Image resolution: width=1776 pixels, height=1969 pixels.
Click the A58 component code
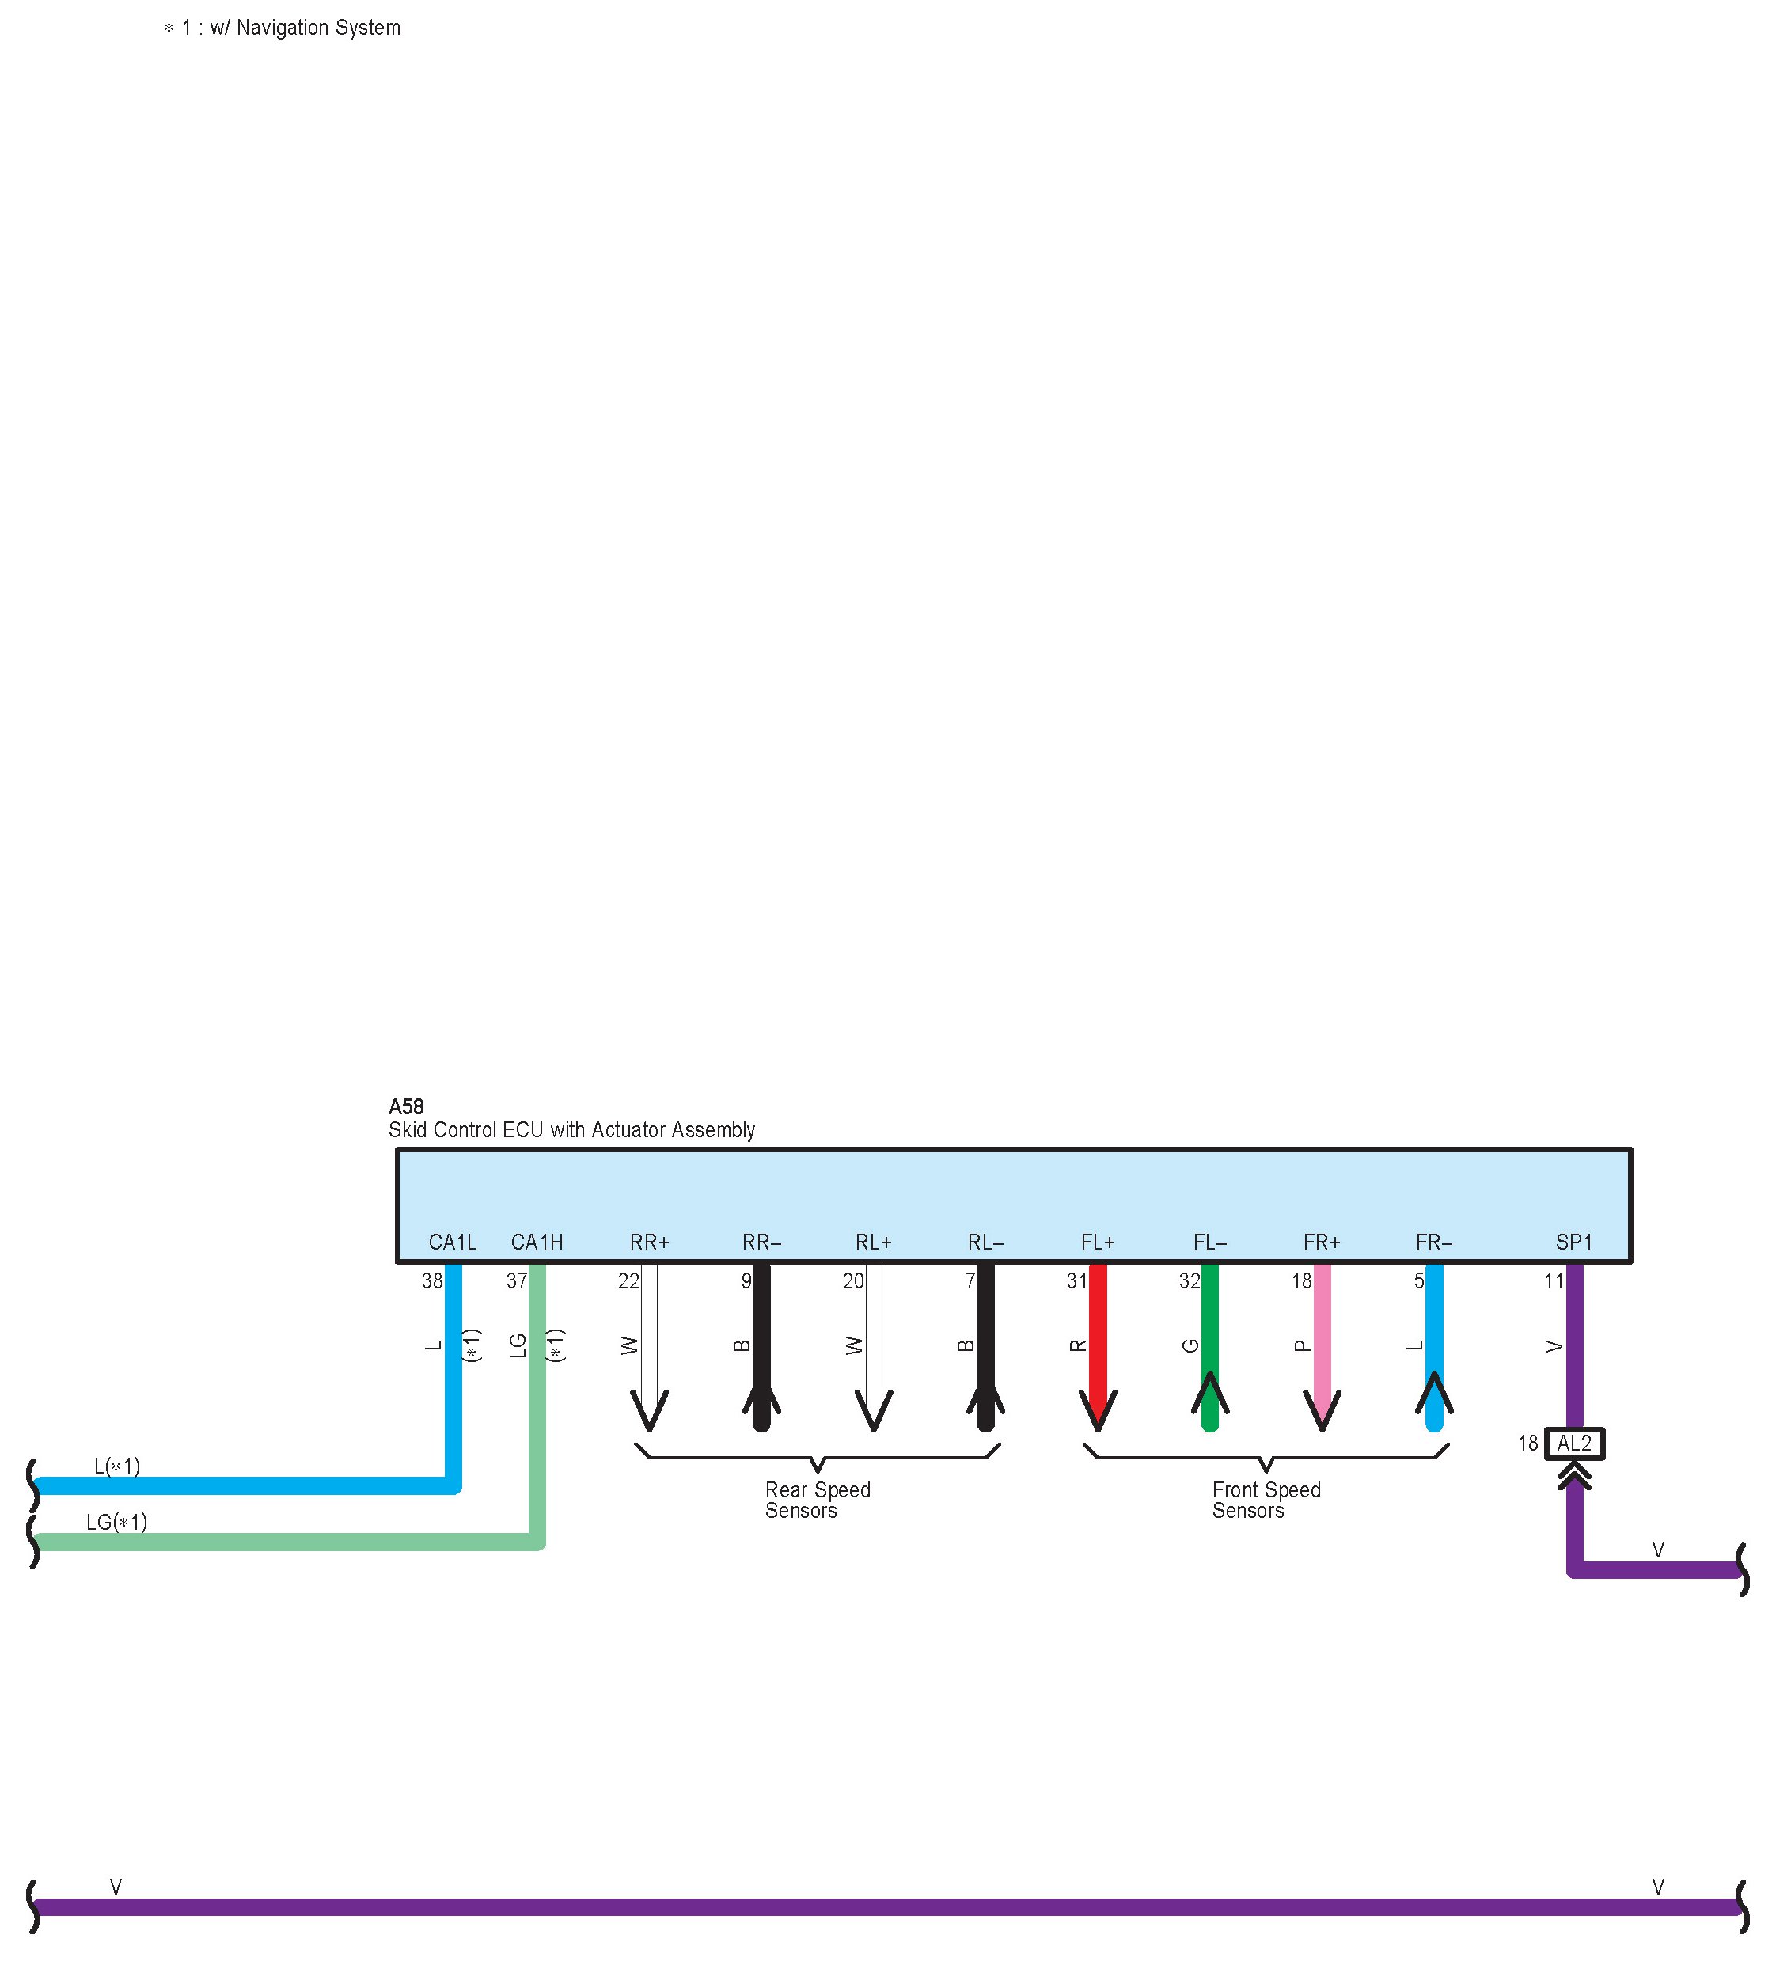pyautogui.click(x=406, y=1106)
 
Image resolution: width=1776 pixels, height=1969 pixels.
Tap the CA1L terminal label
pyautogui.click(x=453, y=1242)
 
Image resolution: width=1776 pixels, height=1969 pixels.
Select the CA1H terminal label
pyautogui.click(x=537, y=1242)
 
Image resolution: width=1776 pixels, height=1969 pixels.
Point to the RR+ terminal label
pyautogui.click(x=650, y=1242)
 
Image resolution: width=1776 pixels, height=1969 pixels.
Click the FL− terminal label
pyautogui.click(x=1210, y=1242)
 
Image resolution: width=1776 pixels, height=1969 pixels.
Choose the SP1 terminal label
pyautogui.click(x=1574, y=1242)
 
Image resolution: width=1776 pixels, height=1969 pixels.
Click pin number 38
pyautogui.click(x=432, y=1281)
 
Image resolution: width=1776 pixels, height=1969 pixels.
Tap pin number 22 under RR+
pyautogui.click(x=628, y=1281)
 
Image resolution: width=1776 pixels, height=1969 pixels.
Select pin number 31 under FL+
pyautogui.click(x=1076, y=1281)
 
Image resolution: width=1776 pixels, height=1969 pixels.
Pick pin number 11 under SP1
pyautogui.click(x=1554, y=1281)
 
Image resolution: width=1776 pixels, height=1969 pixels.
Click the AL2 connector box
pyautogui.click(x=1574, y=1443)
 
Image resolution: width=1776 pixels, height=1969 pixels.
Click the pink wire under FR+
pyautogui.click(x=1323, y=1337)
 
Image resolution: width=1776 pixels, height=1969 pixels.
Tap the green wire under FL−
pyautogui.click(x=1210, y=1337)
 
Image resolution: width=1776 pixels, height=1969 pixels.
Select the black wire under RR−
pyautogui.click(x=762, y=1337)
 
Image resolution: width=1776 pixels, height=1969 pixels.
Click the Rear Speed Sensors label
pyautogui.click(x=817, y=1500)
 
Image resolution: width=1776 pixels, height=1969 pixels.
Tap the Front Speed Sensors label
pyautogui.click(x=1266, y=1500)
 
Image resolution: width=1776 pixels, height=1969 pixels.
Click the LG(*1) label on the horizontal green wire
pyautogui.click(x=116, y=1522)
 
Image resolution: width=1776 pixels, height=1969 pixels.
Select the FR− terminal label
pyautogui.click(x=1433, y=1242)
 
